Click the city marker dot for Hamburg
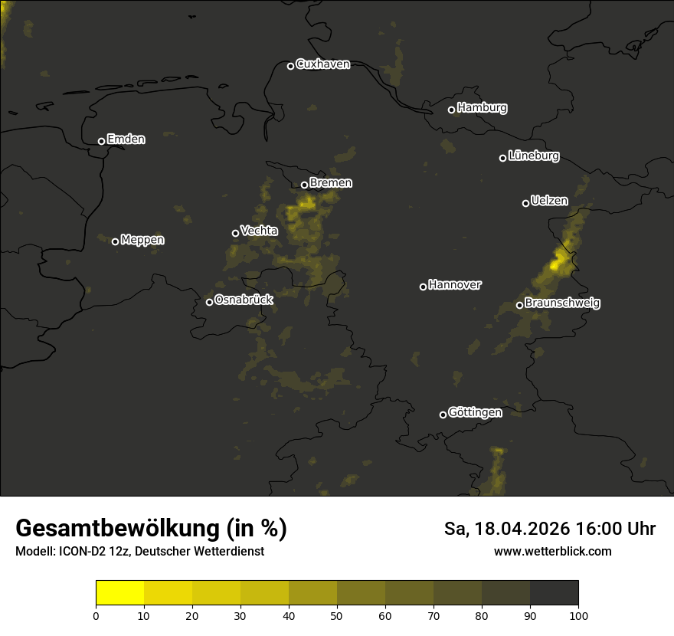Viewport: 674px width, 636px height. pos(452,110)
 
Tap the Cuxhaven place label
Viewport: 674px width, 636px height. pos(322,64)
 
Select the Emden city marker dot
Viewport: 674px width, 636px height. pos(101,141)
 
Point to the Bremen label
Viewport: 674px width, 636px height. pos(331,183)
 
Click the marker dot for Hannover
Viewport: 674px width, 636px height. pos(423,287)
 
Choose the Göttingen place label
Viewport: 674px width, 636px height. pos(475,413)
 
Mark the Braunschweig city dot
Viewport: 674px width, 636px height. pos(519,305)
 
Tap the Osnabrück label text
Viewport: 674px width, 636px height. pos(244,300)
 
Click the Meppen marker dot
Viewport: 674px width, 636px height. pos(115,241)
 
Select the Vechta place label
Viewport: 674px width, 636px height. pos(259,231)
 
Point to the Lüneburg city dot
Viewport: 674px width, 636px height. pos(502,158)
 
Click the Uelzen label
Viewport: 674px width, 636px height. pos(549,201)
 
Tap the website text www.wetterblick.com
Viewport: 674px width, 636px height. pos(552,552)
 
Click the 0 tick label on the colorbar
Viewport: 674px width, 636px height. pos(96,616)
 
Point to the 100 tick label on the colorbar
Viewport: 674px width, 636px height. pos(578,616)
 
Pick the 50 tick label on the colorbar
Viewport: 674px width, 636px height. pos(337,616)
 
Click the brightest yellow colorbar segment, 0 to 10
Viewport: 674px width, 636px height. pos(119,593)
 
